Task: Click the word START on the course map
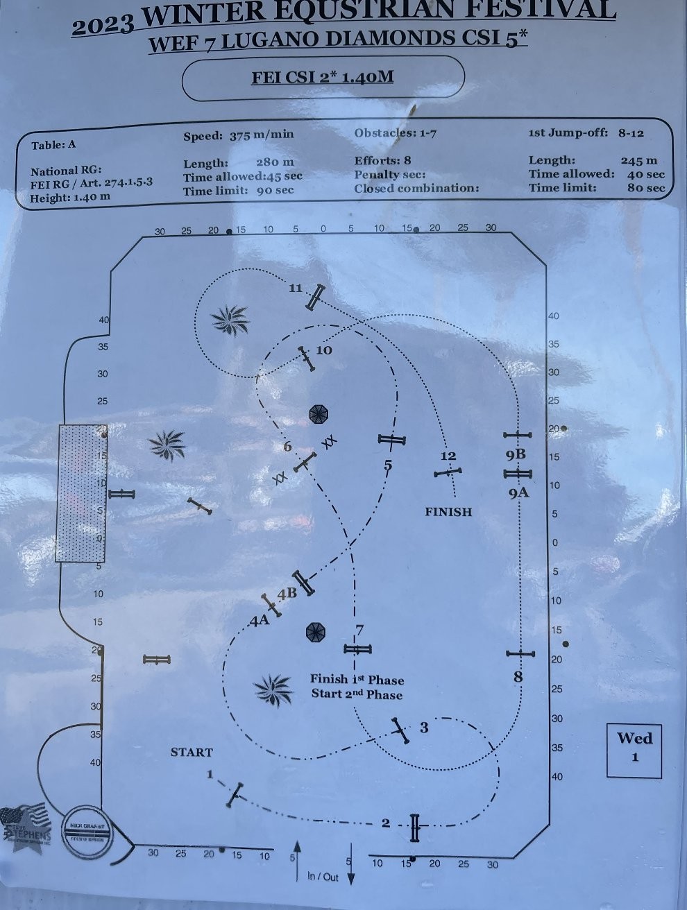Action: pos(192,752)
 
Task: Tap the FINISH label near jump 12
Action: pos(448,512)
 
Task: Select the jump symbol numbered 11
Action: pos(316,297)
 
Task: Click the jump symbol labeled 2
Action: pos(415,827)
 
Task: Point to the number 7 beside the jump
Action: pos(359,630)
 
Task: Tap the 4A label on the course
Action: pos(260,621)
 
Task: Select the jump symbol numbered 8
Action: pos(520,653)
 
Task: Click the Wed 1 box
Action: pos(634,746)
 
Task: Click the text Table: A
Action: pos(53,145)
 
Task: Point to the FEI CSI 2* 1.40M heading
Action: pos(323,76)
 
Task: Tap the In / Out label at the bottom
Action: pos(323,877)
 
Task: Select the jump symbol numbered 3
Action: pos(400,730)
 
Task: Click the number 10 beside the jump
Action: pos(324,350)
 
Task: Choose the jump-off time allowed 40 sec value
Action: pos(645,174)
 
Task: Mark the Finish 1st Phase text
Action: pos(357,680)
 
